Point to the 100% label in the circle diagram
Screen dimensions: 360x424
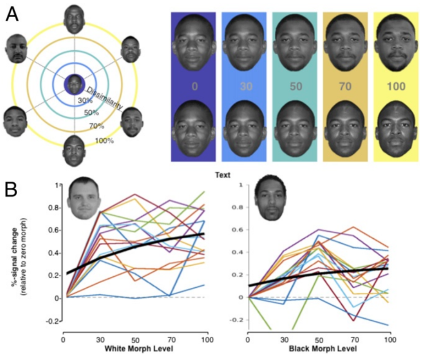pyautogui.click(x=103, y=141)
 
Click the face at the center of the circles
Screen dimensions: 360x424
pyautogui.click(x=75, y=84)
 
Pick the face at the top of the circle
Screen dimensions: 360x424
pyautogui.click(x=75, y=19)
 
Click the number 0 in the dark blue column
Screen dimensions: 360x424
pyautogui.click(x=194, y=86)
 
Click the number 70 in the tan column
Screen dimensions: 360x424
pyautogui.click(x=345, y=86)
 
